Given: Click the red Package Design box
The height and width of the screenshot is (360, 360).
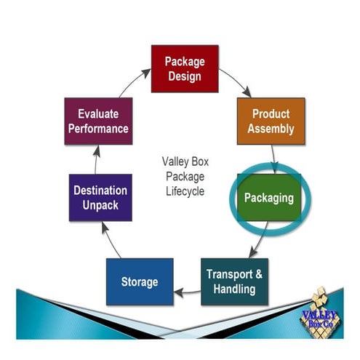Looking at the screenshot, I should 184,68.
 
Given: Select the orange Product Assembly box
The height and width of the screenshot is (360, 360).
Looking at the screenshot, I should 270,121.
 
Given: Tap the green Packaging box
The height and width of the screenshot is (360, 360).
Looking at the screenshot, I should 268,197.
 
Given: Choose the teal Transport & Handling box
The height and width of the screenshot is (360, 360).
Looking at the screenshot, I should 234,281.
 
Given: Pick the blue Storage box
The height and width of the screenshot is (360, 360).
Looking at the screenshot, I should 140,281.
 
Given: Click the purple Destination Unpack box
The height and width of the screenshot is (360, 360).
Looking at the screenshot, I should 100,198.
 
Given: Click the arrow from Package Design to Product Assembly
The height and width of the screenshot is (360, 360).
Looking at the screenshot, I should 235,83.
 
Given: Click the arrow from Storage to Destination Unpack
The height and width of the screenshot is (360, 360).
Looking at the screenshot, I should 111,241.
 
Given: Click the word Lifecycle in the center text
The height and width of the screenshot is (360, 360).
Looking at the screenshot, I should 184,192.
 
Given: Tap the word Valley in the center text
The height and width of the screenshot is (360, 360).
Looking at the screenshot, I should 174,161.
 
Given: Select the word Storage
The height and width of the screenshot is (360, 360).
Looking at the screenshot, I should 140,281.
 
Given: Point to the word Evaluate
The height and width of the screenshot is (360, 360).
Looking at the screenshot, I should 98,114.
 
